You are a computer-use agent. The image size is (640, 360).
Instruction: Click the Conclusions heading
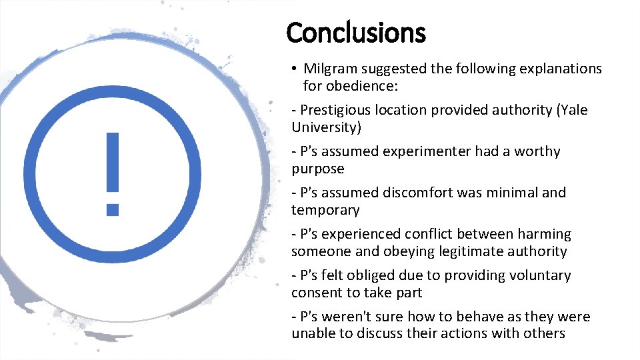355,32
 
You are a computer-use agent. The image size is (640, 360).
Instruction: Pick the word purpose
317,169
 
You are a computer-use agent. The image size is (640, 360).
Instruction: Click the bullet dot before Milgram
294,69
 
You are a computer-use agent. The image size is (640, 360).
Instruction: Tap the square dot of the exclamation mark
113,209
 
